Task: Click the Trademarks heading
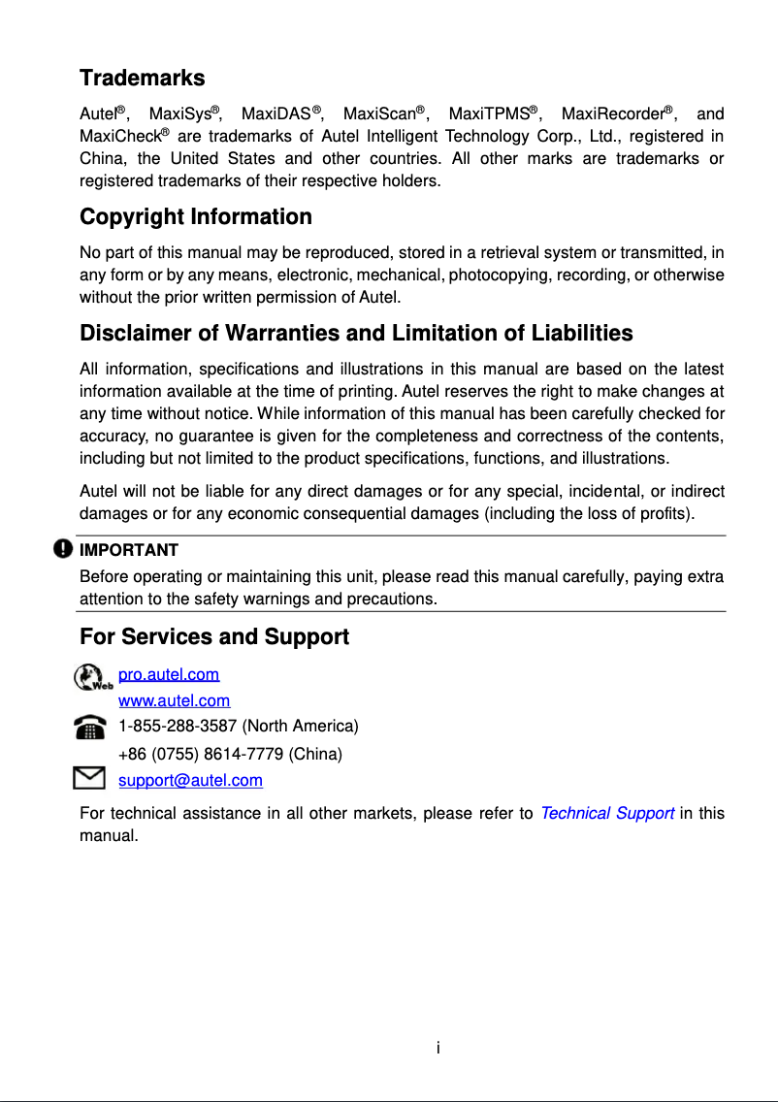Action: (142, 78)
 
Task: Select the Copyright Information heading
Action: (195, 216)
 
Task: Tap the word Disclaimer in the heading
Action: (135, 334)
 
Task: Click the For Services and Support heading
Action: (213, 637)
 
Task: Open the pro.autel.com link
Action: (169, 674)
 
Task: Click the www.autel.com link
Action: (174, 700)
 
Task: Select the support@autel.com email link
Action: (190, 780)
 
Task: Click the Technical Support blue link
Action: (606, 813)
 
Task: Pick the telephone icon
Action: (90, 728)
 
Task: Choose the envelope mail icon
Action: (89, 778)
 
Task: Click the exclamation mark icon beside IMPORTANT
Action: (63, 549)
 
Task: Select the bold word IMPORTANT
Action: (128, 550)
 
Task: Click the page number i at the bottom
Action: (438, 1048)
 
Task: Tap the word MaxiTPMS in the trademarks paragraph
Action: (488, 115)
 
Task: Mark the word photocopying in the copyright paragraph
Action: (508, 275)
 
